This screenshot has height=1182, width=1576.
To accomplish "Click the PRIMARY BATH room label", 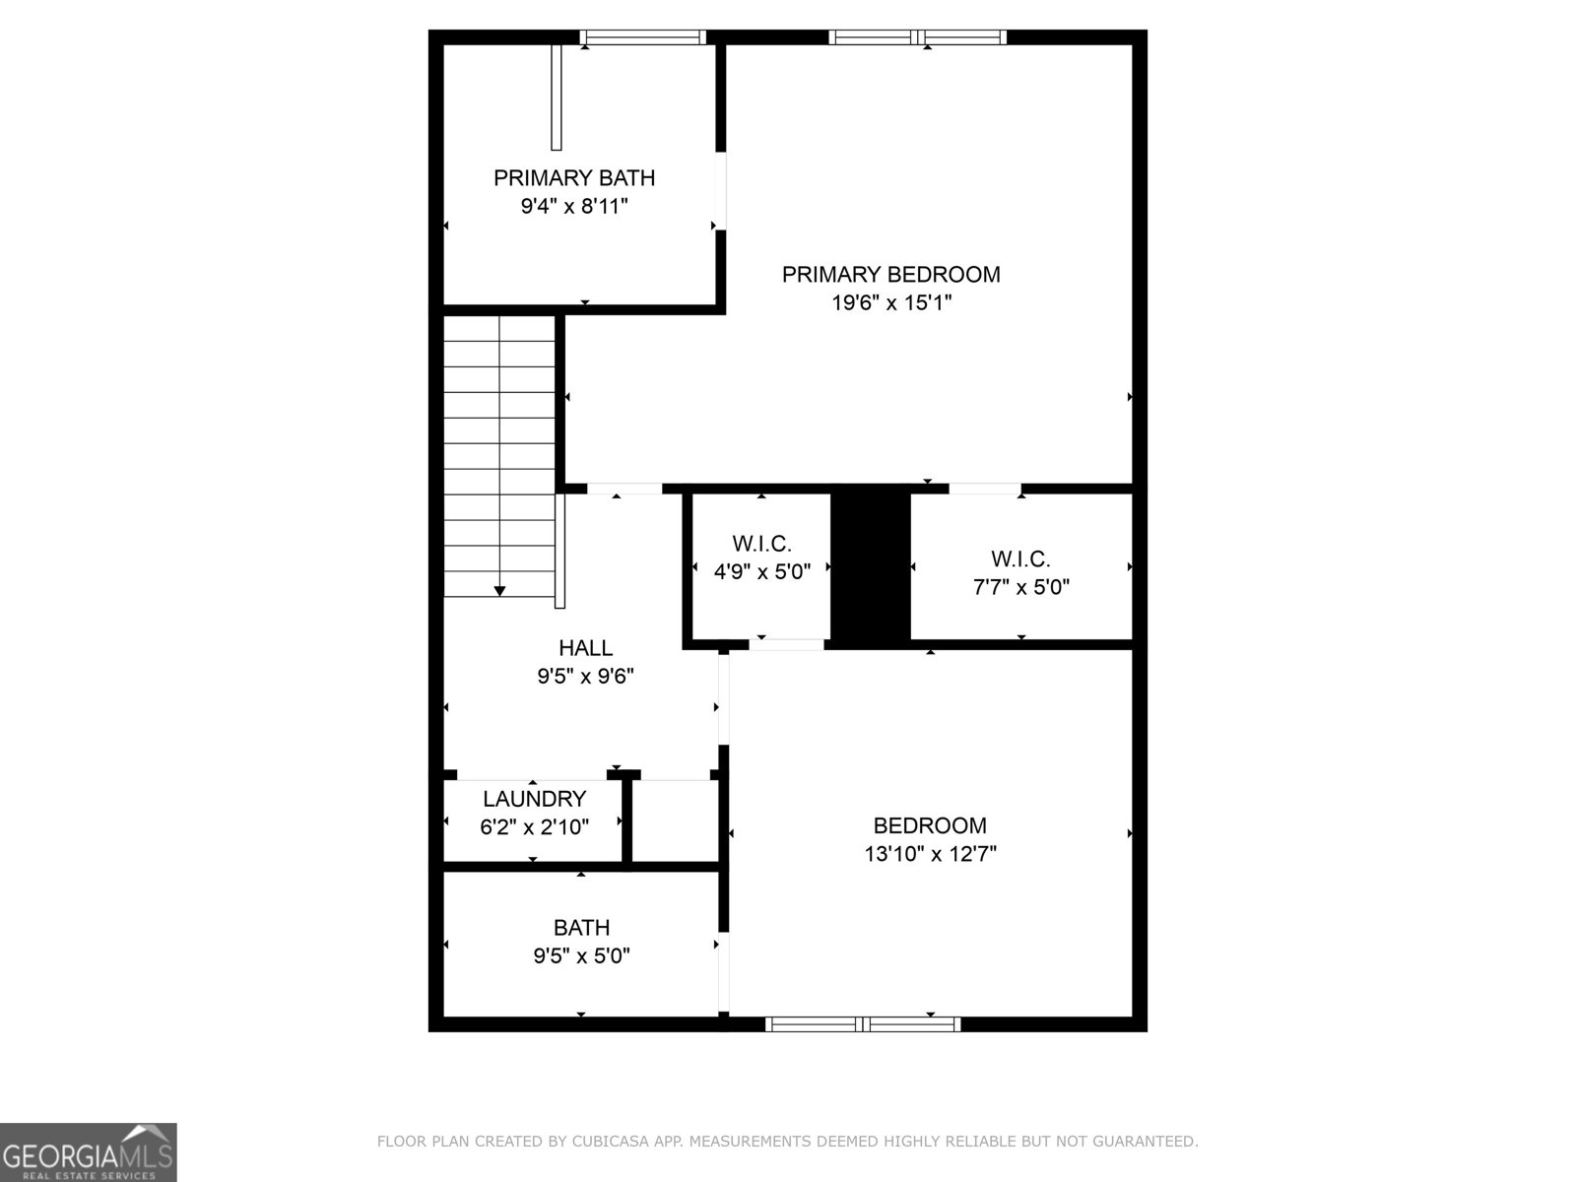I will tap(573, 178).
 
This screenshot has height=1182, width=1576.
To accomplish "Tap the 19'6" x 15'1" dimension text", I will tap(891, 302).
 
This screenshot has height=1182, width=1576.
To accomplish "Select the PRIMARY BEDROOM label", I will tap(890, 274).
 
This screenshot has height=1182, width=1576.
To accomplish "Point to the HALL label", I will tap(585, 648).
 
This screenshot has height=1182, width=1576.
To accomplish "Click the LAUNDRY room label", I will tap(534, 799).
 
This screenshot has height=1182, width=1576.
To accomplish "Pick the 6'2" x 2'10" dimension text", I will tap(534, 827).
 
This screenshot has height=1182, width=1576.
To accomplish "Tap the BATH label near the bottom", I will tap(581, 927).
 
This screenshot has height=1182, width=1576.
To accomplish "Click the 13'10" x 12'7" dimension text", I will tap(930, 854).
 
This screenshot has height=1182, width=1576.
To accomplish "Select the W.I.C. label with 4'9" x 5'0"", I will tap(761, 544).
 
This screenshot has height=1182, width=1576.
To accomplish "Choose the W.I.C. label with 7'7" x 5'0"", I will tap(1020, 559).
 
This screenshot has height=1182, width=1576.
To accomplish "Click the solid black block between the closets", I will tap(871, 568).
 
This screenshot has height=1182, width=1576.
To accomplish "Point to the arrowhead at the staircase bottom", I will tap(499, 590).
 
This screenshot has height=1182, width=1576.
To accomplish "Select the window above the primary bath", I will tap(642, 37).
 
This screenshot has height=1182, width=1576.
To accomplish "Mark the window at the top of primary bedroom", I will tap(918, 37).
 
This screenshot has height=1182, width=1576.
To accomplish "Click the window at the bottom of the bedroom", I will tap(863, 1024).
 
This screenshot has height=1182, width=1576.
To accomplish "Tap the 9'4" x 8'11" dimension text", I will tap(573, 207).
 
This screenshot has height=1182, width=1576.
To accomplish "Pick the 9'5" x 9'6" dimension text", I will tap(585, 677).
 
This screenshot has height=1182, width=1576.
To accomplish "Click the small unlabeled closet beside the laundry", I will tap(676, 821).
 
